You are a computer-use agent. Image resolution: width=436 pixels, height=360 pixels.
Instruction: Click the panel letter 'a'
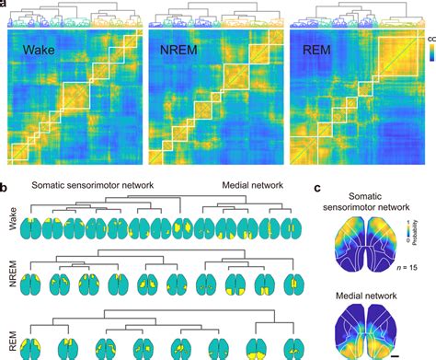[x=6, y=5]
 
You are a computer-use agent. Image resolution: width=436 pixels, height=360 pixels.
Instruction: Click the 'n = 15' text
[x=411, y=267]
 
